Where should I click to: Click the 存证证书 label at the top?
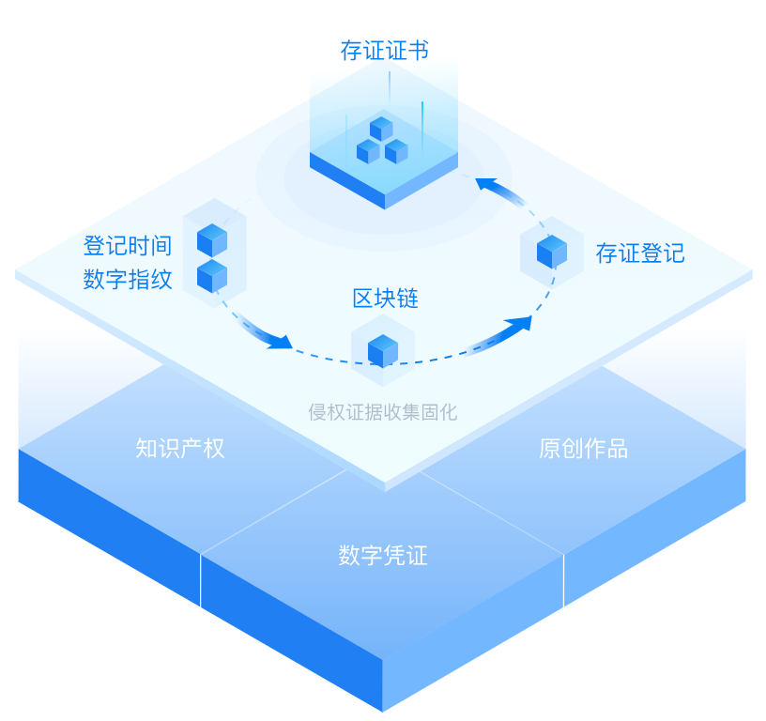384,50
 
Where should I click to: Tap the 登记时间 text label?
128,246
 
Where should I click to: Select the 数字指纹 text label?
128,279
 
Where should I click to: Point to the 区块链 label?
385,299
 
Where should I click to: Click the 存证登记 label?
639,253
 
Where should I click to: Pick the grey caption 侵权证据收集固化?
383,411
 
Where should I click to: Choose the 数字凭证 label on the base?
383,555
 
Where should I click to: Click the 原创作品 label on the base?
583,448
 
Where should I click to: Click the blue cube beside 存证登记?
552,252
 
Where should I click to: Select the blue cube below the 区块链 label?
383,350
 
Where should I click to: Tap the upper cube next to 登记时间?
212,240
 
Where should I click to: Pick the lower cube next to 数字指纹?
212,276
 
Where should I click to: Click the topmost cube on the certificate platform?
381,129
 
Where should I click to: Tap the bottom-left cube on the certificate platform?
368,150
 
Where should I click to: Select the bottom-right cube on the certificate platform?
396,150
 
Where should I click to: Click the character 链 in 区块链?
407,299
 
